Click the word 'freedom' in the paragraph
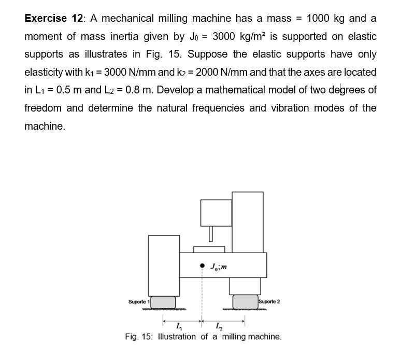pyautogui.click(x=43, y=108)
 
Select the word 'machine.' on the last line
pyautogui.click(x=45, y=126)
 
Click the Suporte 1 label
pyautogui.click(x=138, y=302)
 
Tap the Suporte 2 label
pyautogui.click(x=268, y=301)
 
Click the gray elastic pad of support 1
pyautogui.click(x=163, y=301)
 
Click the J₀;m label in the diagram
pyautogui.click(x=219, y=267)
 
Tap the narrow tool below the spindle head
pyautogui.click(x=211, y=233)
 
